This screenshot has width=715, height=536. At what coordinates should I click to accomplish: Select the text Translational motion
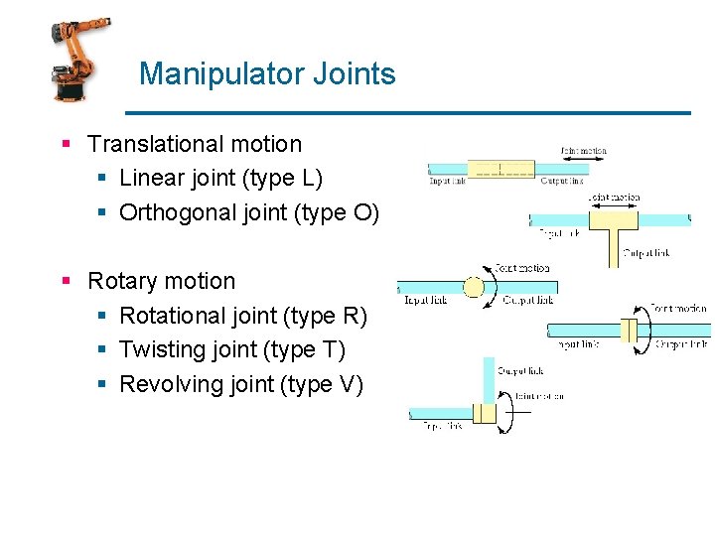pyautogui.click(x=195, y=144)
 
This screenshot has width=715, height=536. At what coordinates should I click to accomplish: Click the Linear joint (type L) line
pyautogui.click(x=220, y=179)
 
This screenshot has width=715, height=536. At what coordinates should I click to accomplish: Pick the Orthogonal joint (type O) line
pyautogui.click(x=249, y=212)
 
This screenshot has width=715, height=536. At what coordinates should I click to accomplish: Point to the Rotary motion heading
pyautogui.click(x=162, y=281)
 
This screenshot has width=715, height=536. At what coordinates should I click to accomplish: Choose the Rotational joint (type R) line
pyautogui.click(x=243, y=316)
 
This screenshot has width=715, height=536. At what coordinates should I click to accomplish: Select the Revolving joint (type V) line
pyautogui.click(x=241, y=384)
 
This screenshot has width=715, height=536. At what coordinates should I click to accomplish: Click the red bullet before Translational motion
pyautogui.click(x=66, y=145)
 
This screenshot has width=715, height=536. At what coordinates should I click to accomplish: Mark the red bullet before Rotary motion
pyautogui.click(x=66, y=282)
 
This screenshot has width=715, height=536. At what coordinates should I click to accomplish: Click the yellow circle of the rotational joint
pyautogui.click(x=474, y=288)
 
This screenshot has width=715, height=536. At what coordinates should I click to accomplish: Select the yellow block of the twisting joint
pyautogui.click(x=629, y=329)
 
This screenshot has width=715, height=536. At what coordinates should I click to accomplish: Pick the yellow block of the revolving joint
pyautogui.click(x=485, y=413)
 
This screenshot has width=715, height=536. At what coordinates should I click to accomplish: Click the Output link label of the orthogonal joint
pyautogui.click(x=645, y=253)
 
